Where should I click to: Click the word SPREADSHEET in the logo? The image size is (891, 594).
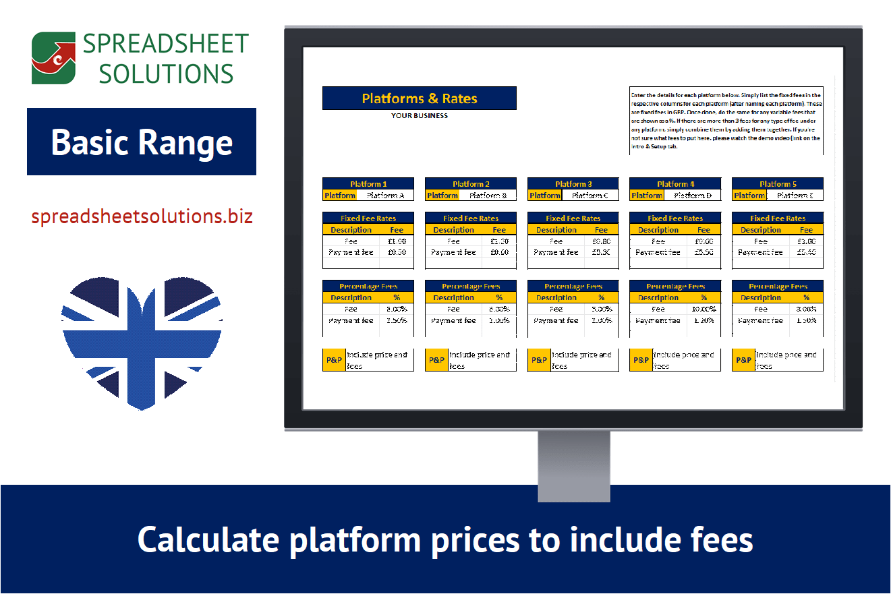tap(166, 44)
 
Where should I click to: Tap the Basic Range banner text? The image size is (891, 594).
tap(142, 142)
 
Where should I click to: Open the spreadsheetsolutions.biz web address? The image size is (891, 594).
tap(142, 216)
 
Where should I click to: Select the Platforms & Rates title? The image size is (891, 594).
tap(420, 98)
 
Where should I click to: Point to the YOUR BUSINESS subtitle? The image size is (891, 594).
tap(420, 115)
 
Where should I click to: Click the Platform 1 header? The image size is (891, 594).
tap(368, 183)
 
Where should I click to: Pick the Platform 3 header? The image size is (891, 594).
tap(573, 183)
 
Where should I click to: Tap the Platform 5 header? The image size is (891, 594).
tap(778, 183)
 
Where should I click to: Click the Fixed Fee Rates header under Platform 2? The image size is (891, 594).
tap(471, 218)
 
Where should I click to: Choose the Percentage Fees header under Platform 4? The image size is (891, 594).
tap(675, 286)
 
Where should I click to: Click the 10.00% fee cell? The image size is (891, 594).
tap(703, 309)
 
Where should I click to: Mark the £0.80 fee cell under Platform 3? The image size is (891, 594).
tap(601, 241)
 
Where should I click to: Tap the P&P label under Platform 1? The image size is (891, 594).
tap(334, 360)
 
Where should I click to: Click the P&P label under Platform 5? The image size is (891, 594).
tap(743, 360)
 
